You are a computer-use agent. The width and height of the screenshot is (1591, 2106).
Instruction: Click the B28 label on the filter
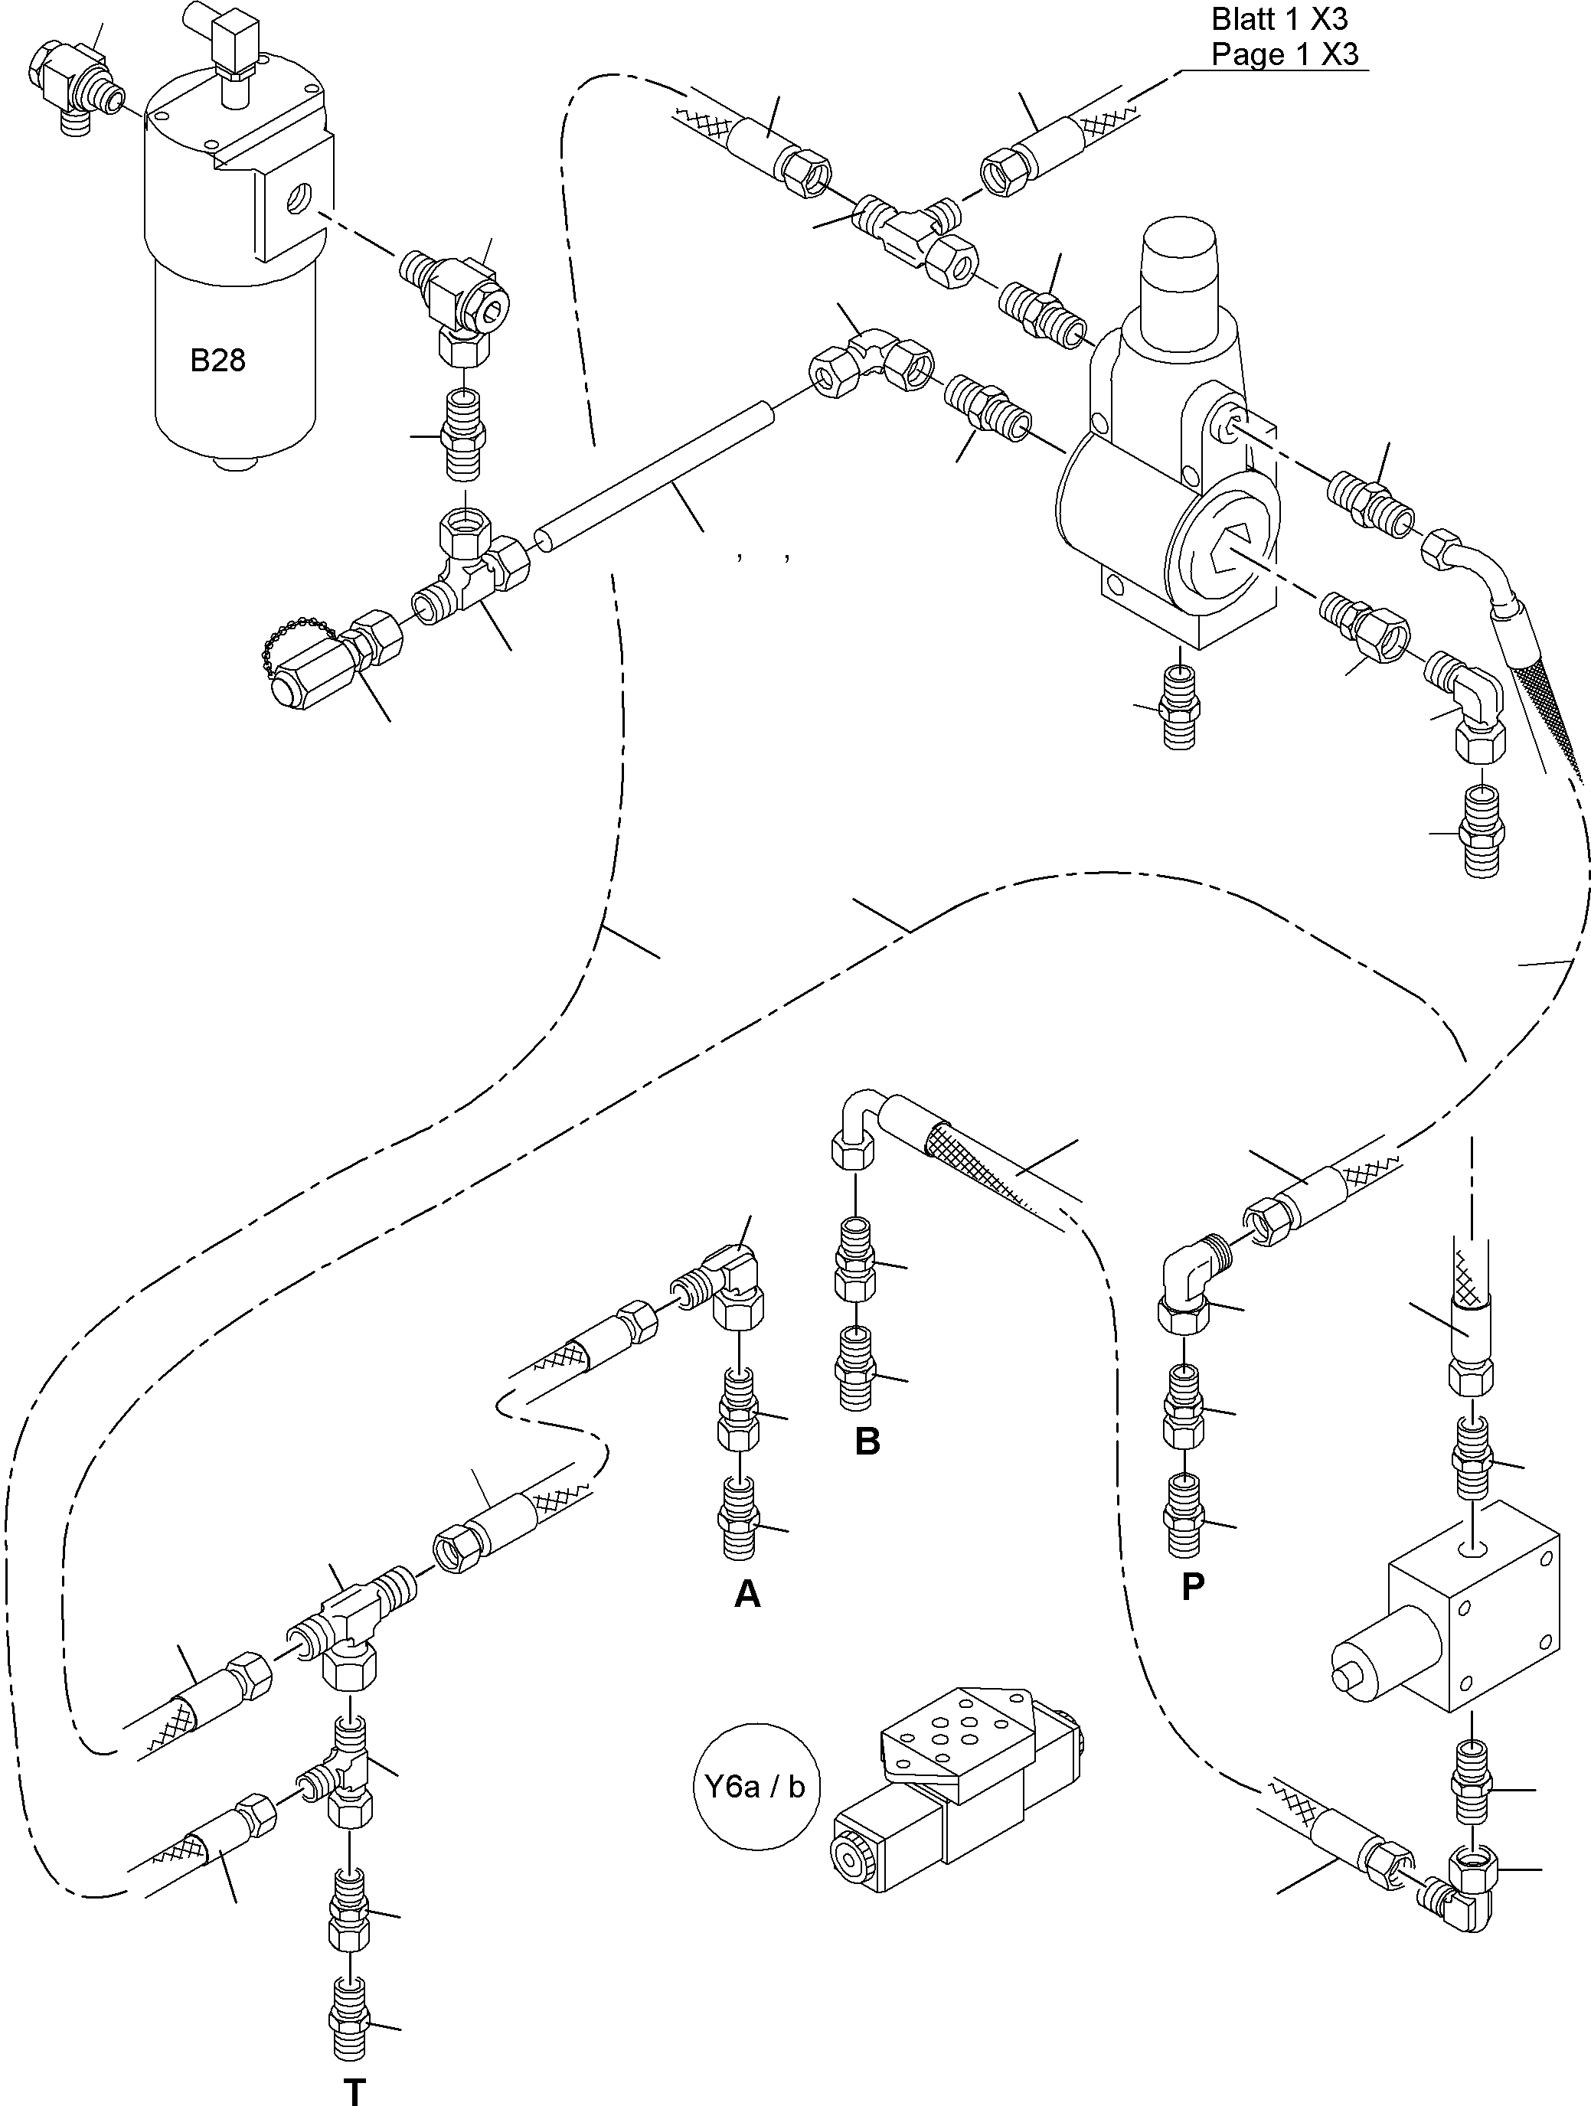(x=217, y=360)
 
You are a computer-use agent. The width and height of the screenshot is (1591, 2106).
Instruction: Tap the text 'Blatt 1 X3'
(x=1279, y=19)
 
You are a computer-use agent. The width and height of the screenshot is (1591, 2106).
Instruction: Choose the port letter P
(x=1192, y=1586)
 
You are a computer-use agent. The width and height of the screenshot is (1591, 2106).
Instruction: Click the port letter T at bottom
(x=354, y=2091)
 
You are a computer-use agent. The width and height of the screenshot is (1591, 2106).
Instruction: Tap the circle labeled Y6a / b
(x=756, y=1787)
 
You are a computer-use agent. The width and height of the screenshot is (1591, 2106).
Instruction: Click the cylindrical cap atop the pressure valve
(x=1180, y=254)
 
